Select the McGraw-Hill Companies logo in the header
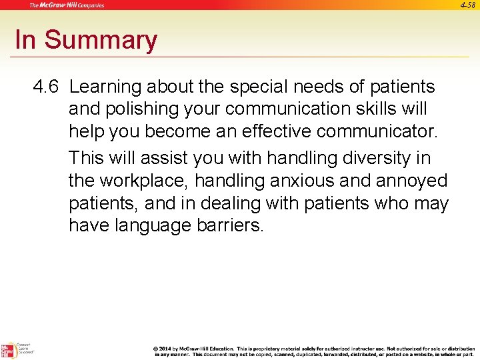pos(67,5)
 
